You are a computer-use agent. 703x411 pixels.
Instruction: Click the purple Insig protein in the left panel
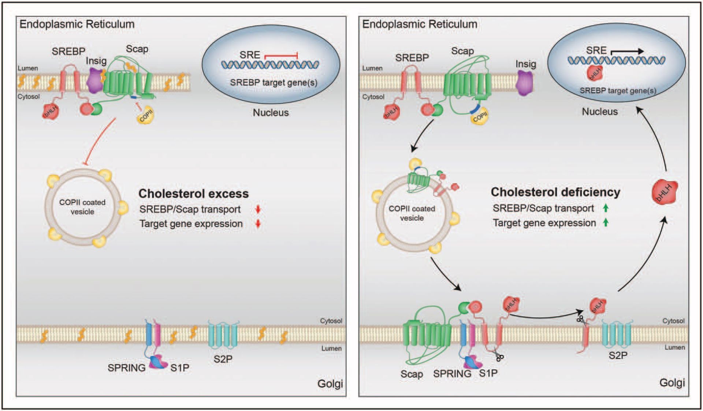[x=94, y=80]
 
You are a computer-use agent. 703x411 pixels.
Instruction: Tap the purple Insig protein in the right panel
[x=524, y=83]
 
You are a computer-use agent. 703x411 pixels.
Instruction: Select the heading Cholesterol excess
[x=193, y=193]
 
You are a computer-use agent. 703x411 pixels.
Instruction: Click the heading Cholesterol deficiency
[x=555, y=192]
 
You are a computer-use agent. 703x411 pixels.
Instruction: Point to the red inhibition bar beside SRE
[x=281, y=56]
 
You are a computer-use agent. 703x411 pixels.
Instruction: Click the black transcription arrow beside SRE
[x=627, y=52]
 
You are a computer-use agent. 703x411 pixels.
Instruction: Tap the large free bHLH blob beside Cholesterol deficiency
[x=665, y=192]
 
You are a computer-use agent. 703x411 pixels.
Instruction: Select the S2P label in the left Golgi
[x=223, y=359]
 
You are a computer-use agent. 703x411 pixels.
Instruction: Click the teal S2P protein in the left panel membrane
[x=223, y=334]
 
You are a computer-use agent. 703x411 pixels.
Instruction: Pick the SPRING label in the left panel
[x=126, y=368]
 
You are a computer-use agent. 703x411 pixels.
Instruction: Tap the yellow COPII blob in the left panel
[x=146, y=116]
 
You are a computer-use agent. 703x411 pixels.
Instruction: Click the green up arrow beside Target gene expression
[x=606, y=222]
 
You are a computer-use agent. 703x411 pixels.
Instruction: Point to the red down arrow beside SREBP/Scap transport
[x=258, y=209]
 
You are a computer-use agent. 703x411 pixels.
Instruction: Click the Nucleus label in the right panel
[x=600, y=112]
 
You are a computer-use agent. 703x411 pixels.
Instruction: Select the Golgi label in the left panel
[x=330, y=384]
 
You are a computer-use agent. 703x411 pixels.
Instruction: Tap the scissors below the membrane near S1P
[x=498, y=356]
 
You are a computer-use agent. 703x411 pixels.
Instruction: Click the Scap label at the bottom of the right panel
[x=412, y=374]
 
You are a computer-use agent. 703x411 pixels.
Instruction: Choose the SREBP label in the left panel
[x=68, y=51]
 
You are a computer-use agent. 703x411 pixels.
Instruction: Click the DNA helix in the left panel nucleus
[x=270, y=65]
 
